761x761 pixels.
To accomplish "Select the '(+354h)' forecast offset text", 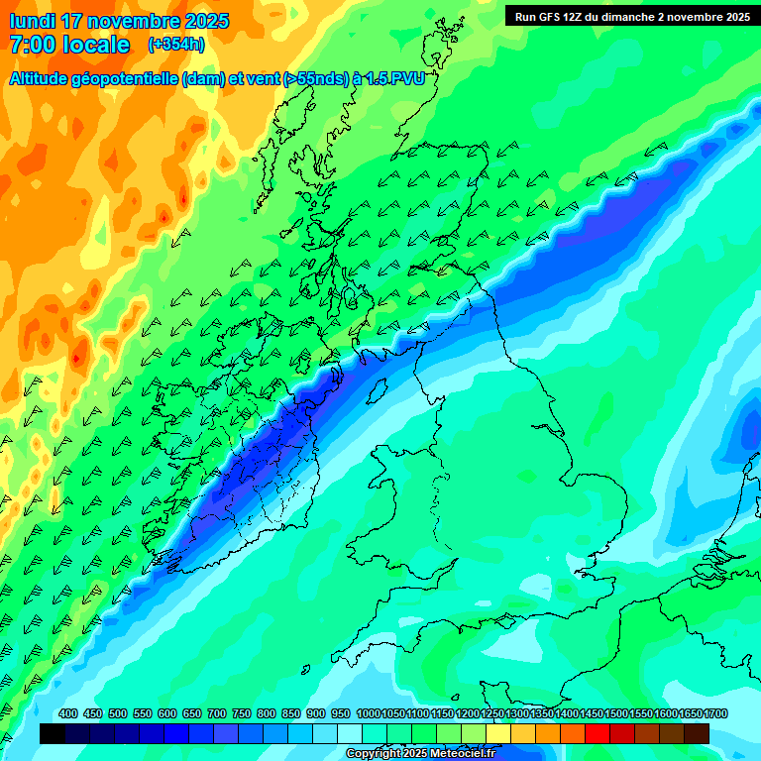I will tap(176, 45).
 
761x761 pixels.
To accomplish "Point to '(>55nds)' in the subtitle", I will tap(315, 80).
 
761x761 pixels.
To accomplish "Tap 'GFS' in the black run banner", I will tap(553, 17).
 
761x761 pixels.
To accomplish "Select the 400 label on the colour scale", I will tap(68, 713).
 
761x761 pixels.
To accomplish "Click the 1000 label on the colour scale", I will tap(368, 713).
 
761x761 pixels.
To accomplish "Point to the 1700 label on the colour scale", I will tap(715, 713).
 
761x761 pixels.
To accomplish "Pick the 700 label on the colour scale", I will tap(217, 713).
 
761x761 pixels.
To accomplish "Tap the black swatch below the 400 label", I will tap(53, 733).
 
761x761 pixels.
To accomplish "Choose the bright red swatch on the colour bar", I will tap(598, 733).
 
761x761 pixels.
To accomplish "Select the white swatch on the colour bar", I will tap(350, 733).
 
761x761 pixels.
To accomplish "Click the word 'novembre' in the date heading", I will tap(136, 21).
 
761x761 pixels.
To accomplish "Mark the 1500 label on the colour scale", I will tap(616, 713).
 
